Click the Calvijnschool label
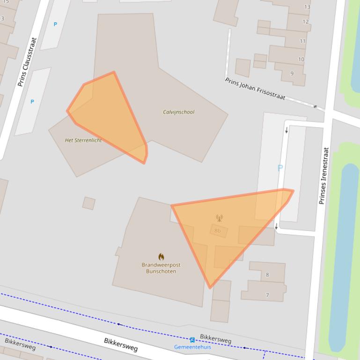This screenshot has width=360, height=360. click(178, 112)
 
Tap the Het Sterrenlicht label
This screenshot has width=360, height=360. click(83, 140)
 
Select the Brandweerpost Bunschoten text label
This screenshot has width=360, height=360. click(161, 268)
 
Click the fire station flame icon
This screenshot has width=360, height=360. click(161, 257)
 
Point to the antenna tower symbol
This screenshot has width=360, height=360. click(219, 218)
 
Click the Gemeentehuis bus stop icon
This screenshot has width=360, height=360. click(192, 340)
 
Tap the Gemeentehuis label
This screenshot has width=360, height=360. click(192, 347)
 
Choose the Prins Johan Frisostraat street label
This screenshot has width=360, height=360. click(255, 89)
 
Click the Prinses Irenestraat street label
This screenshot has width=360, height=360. click(324, 176)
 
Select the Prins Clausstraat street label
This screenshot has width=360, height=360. click(27, 62)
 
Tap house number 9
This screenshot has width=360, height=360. click(292, 73)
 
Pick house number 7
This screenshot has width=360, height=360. click(267, 295)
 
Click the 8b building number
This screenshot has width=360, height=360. click(218, 230)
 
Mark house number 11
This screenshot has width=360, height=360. click(302, 41)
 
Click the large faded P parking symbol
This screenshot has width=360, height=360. click(280, 168)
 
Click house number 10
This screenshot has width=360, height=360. click(301, 59)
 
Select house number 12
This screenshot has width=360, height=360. click(305, 22)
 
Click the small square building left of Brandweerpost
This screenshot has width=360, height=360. click(89, 203)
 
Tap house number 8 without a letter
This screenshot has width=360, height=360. click(267, 275)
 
